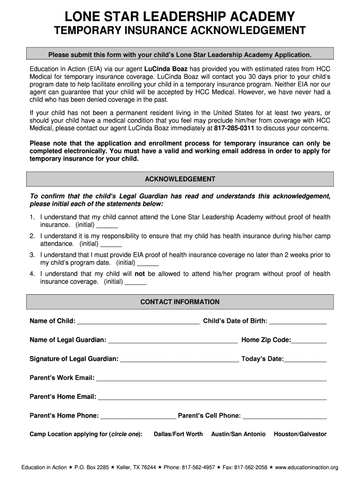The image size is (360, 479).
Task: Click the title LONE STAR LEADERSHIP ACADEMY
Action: coord(180,17)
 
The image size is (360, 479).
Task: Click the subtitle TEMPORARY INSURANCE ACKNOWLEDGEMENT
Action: coord(180,31)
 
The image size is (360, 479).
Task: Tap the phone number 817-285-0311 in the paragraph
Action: coord(234,128)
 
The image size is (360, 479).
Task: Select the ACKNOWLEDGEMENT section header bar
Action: coord(180,179)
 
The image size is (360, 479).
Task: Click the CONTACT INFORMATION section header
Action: coord(180,302)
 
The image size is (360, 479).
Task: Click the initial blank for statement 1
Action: coord(107,225)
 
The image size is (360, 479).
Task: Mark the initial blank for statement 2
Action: coord(111,245)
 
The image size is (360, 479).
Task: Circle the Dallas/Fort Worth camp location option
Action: coord(178,435)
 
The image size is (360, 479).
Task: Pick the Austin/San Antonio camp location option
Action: coord(238,435)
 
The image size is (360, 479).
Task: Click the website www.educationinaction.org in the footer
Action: coord(306,467)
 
